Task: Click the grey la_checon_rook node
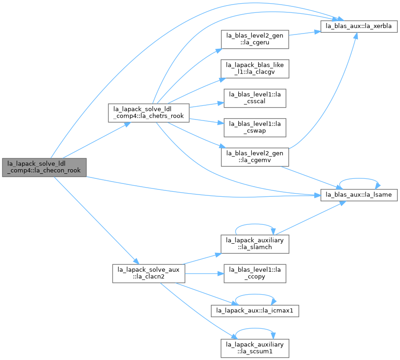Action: (45, 167)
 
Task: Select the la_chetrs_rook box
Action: (148, 113)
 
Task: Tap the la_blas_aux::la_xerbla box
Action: (359, 26)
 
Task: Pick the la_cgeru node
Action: (255, 39)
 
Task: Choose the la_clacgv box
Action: (255, 69)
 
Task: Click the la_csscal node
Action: (255, 98)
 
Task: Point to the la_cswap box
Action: (255, 127)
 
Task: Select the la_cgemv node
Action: (255, 157)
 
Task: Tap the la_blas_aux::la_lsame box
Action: (359, 195)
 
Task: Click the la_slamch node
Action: (255, 244)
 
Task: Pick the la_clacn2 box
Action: (148, 274)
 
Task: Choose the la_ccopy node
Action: (255, 274)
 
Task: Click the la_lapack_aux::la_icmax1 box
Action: (255, 311)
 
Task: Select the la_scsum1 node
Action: (255, 348)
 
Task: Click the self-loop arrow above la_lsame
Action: (359, 178)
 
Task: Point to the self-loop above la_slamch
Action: (255, 224)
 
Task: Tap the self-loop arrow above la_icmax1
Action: (255, 294)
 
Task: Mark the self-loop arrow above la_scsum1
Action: (255, 329)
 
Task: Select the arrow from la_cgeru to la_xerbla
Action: (304, 33)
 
